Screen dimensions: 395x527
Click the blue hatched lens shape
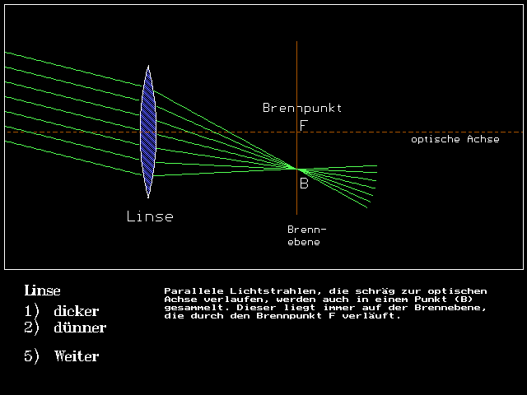tap(148, 132)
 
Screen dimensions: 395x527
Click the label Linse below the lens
tap(150, 216)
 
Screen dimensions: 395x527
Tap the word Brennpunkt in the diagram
tap(301, 108)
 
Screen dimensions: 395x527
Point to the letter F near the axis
tap(303, 125)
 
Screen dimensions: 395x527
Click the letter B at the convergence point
tap(303, 184)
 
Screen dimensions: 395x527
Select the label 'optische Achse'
tap(455, 139)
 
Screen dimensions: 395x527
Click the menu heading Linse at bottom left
tap(42, 290)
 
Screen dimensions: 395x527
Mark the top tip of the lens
tap(148, 67)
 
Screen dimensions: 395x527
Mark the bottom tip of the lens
tap(148, 197)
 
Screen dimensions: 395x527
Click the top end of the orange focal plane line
tap(296, 41)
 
